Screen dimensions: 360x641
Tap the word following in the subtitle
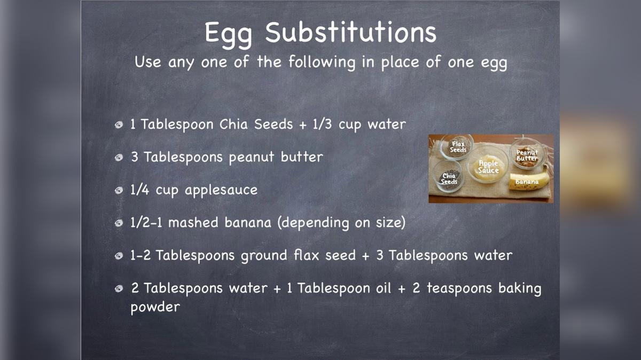(x=322, y=62)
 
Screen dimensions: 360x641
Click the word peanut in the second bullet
(x=253, y=158)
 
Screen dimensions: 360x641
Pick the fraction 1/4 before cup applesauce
(x=140, y=190)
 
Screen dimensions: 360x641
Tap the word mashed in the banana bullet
(x=193, y=223)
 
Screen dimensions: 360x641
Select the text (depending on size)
(x=341, y=223)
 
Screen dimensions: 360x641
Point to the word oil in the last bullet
(x=358, y=288)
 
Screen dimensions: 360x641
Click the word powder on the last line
(x=155, y=308)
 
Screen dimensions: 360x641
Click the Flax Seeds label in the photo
(x=458, y=147)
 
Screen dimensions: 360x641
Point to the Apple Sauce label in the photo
(x=488, y=167)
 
